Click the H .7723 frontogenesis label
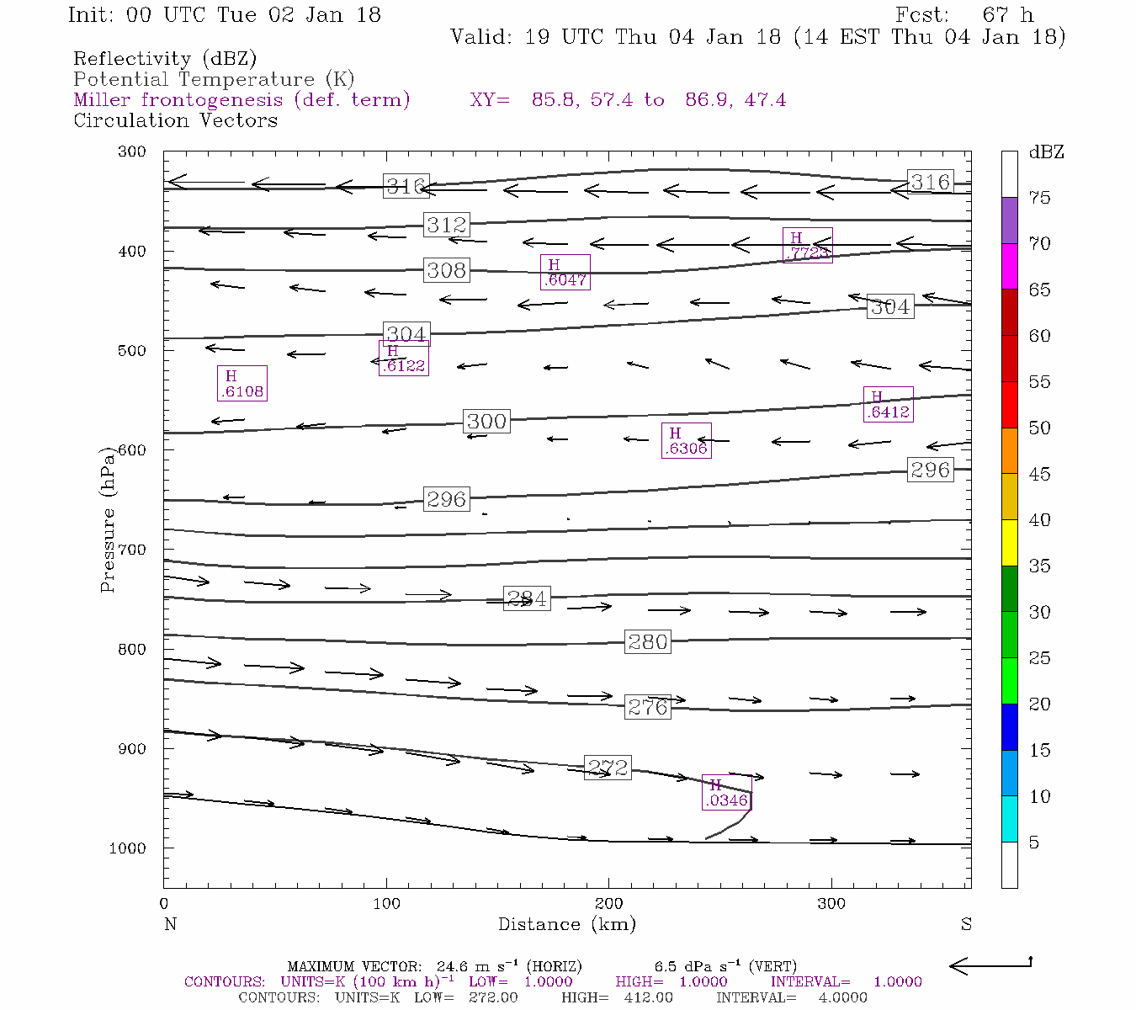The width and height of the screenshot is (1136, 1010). (807, 245)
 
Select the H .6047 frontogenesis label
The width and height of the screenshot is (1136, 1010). (565, 273)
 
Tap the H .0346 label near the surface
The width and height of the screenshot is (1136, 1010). (725, 793)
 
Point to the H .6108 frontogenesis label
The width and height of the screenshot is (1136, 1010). (242, 383)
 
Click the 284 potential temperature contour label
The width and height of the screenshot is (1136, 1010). (527, 598)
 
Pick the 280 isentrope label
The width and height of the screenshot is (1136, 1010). (648, 642)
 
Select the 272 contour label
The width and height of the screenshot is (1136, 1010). (608, 768)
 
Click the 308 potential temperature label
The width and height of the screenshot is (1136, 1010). (446, 270)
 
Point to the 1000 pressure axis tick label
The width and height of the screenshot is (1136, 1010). (127, 848)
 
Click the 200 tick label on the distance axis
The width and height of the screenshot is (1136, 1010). (608, 904)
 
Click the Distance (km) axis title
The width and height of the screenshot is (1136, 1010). (566, 924)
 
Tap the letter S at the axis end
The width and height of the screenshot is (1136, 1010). (966, 924)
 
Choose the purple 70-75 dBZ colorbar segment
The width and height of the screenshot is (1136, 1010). (1009, 221)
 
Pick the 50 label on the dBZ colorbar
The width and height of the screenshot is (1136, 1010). (1040, 428)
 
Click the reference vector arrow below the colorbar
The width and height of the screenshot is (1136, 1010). (990, 966)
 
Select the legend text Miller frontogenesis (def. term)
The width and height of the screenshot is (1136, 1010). (242, 100)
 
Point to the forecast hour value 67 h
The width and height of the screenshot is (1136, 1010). (1007, 15)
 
